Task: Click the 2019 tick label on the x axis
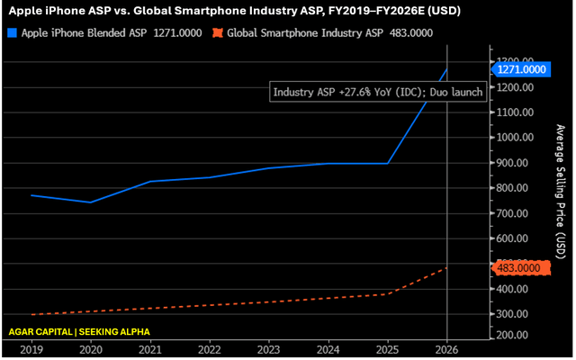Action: pyautogui.click(x=31, y=350)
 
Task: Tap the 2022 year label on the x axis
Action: pyautogui.click(x=210, y=350)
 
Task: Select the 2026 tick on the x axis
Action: pyautogui.click(x=446, y=350)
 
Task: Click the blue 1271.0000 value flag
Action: pyautogui.click(x=521, y=69)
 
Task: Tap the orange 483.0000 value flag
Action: pyautogui.click(x=521, y=268)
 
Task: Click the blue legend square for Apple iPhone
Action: pyautogui.click(x=12, y=33)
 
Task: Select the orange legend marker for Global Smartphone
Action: pyautogui.click(x=218, y=33)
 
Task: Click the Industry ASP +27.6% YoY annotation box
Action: pyautogui.click(x=378, y=92)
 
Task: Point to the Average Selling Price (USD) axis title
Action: pyautogui.click(x=560, y=192)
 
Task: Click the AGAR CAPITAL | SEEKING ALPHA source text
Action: pyautogui.click(x=79, y=332)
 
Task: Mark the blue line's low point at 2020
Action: pyautogui.click(x=91, y=202)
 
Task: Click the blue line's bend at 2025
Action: pyautogui.click(x=388, y=164)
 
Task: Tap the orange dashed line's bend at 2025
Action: pyautogui.click(x=388, y=294)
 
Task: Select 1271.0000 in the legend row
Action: pyautogui.click(x=178, y=33)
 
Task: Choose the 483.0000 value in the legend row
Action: pyautogui.click(x=411, y=33)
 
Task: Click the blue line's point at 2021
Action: pyautogui.click(x=150, y=181)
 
